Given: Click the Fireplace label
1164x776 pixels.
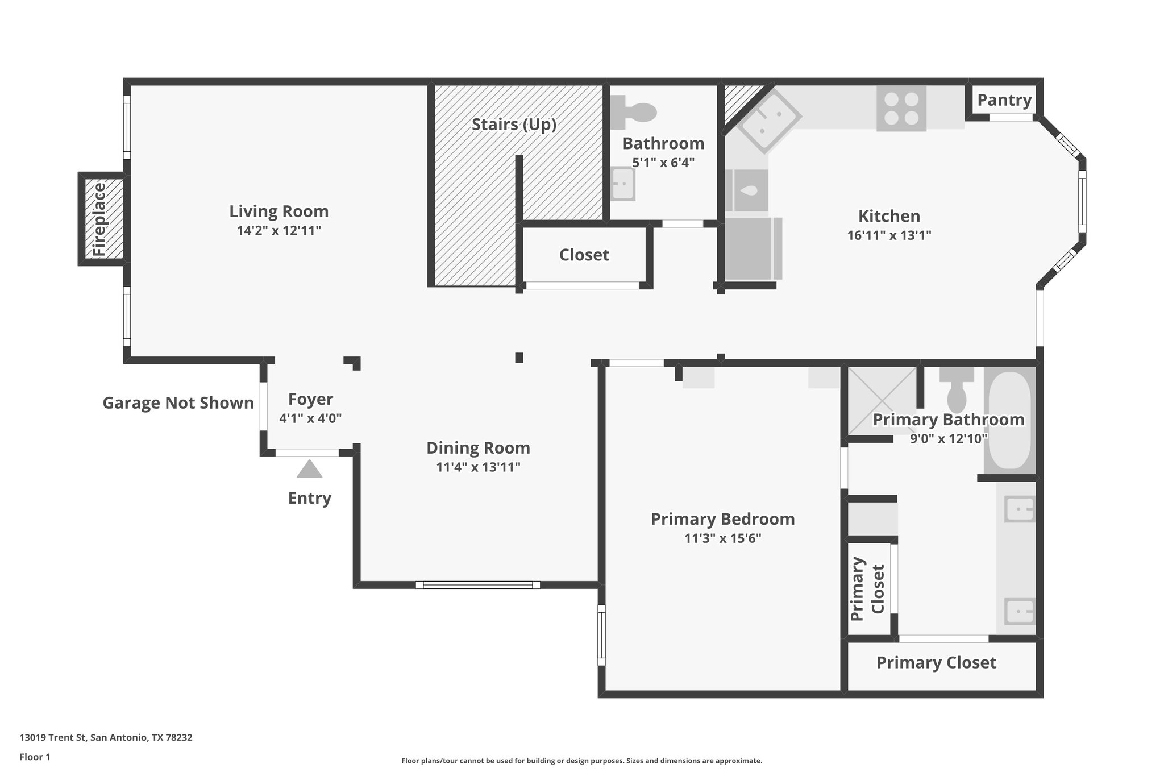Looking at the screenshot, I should pyautogui.click(x=100, y=219).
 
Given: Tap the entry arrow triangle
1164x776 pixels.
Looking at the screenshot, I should pyautogui.click(x=310, y=470).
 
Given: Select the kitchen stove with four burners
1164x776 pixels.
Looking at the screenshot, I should pyautogui.click(x=901, y=108).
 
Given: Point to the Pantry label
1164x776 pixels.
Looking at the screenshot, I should pyautogui.click(x=1004, y=100).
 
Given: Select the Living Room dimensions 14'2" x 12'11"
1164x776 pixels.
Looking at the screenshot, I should pyautogui.click(x=279, y=230).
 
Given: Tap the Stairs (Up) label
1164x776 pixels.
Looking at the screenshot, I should pyautogui.click(x=514, y=125).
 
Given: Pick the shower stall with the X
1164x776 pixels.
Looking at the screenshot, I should pyautogui.click(x=881, y=400).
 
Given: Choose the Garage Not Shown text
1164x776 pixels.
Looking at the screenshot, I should pyautogui.click(x=178, y=403).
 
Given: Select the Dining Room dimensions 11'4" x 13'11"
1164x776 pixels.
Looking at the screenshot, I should pyautogui.click(x=478, y=467).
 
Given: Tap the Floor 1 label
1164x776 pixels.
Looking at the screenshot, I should pyautogui.click(x=35, y=757).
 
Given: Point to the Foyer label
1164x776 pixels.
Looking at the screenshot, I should pyautogui.click(x=310, y=399).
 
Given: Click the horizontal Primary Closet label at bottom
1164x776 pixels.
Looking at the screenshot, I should pyautogui.click(x=936, y=663).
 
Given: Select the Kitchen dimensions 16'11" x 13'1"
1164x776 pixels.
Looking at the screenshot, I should pyautogui.click(x=889, y=235).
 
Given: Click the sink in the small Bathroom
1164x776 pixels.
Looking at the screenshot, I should pyautogui.click(x=623, y=184).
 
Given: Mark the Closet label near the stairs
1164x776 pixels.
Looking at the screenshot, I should pyautogui.click(x=584, y=255).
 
